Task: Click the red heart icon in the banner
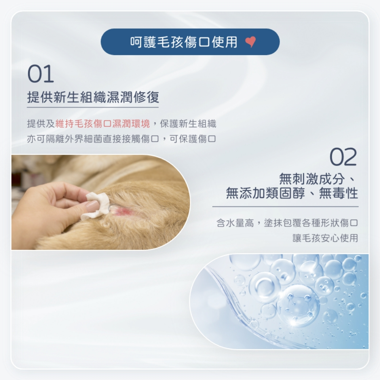click(250, 41)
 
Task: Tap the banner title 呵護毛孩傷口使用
click(184, 42)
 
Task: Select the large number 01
click(41, 74)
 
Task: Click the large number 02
click(343, 157)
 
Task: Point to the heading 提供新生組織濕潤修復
click(93, 97)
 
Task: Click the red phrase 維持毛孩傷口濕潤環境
click(103, 123)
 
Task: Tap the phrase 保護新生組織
click(188, 123)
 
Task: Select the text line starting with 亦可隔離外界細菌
click(122, 139)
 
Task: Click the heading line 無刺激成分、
click(318, 179)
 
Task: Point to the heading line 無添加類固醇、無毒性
click(292, 193)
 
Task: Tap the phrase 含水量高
click(235, 223)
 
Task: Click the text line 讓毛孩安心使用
click(326, 238)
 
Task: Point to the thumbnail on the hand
click(92, 206)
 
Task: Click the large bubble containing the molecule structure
click(298, 306)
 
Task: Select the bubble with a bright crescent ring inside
click(264, 287)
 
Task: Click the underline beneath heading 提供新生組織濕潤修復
click(93, 107)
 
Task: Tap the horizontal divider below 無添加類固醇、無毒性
click(285, 206)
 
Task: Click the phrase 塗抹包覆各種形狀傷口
click(311, 223)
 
